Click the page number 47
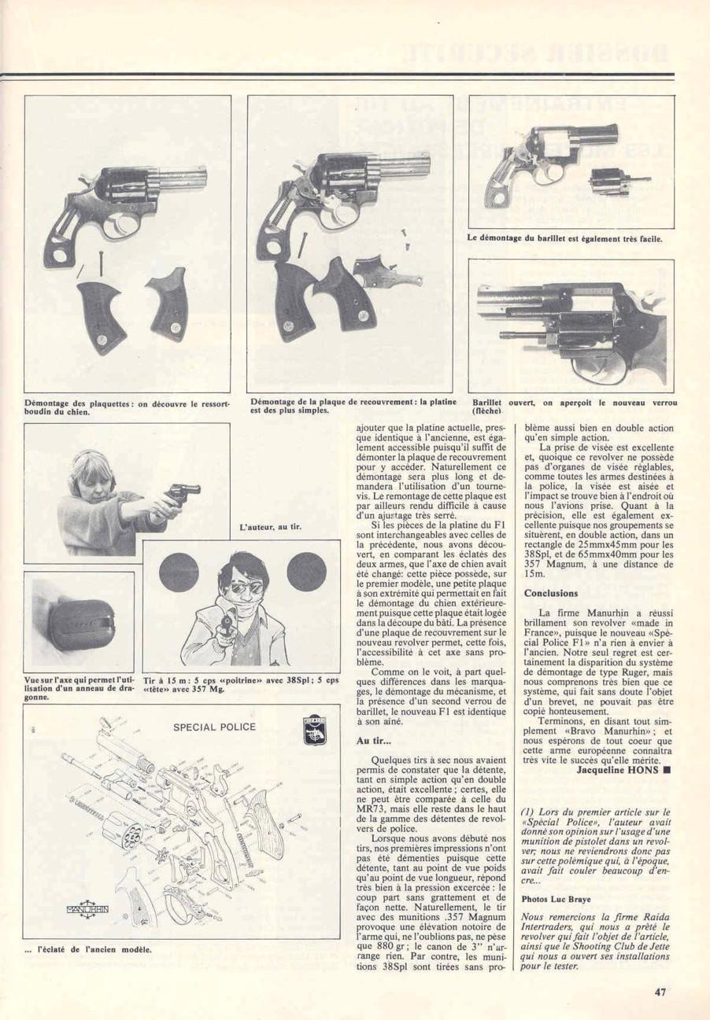click(660, 992)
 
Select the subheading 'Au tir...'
click(373, 740)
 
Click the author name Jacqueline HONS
click(619, 769)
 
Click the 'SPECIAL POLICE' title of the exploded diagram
click(214, 727)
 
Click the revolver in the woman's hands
click(183, 495)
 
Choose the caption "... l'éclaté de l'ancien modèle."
click(88, 949)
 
